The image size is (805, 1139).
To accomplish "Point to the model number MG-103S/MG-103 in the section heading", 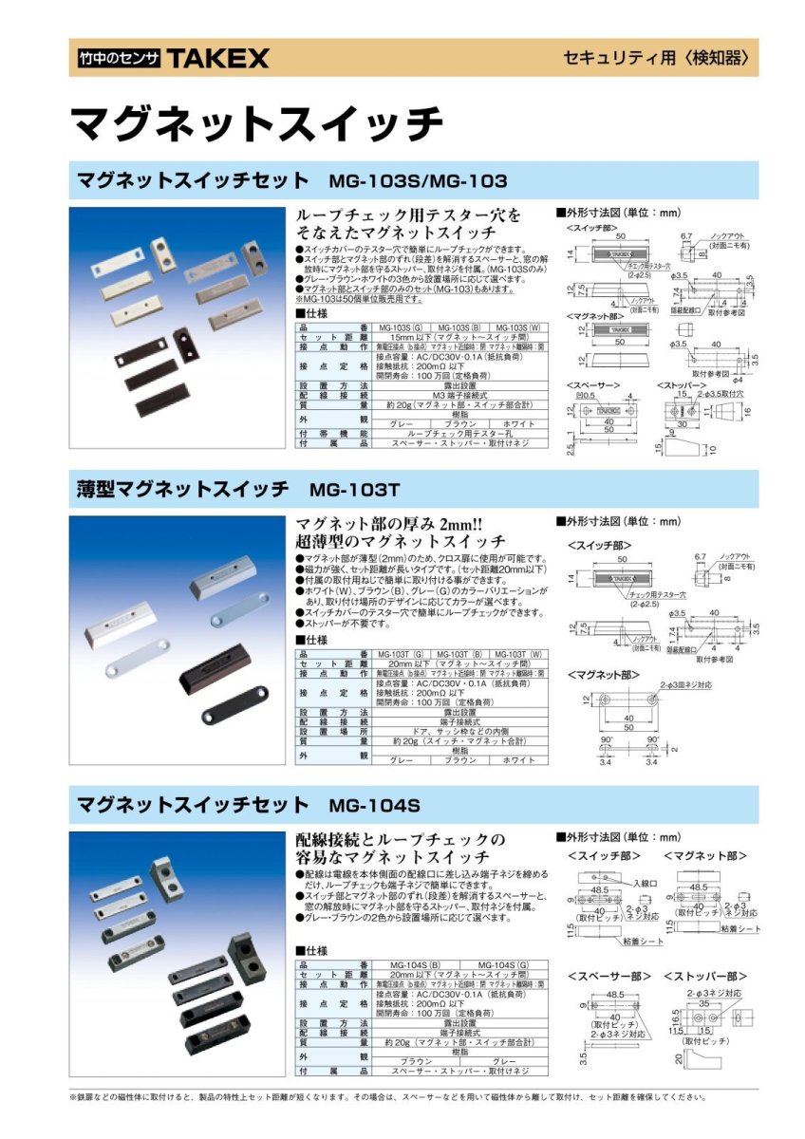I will tap(418, 180).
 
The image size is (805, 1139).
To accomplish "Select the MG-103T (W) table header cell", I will tap(515, 654).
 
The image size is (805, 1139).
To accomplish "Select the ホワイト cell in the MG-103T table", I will tap(515, 760).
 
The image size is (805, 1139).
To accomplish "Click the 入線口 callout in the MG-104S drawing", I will tap(646, 882).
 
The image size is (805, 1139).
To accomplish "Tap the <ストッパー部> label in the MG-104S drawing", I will tap(703, 976).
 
